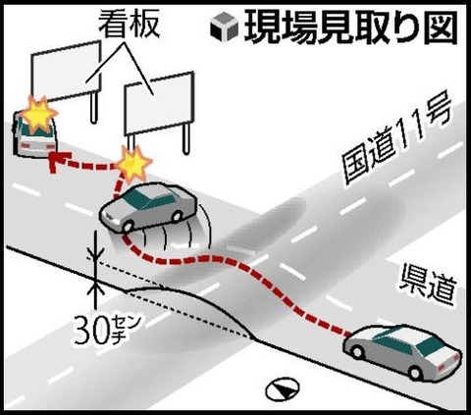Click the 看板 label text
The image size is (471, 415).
point(130,24)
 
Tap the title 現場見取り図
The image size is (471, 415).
point(350,27)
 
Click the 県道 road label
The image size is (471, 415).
point(427,286)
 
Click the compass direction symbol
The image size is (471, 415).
point(283,389)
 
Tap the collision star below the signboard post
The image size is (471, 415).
point(133,164)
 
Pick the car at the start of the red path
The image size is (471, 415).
point(403,351)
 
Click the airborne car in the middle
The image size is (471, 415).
point(149,207)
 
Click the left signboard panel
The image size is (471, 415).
point(66,71)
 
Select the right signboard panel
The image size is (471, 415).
point(159,103)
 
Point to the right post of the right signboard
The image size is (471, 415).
point(186,139)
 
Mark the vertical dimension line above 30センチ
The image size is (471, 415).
point(95,270)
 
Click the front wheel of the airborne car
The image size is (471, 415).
point(128,226)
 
